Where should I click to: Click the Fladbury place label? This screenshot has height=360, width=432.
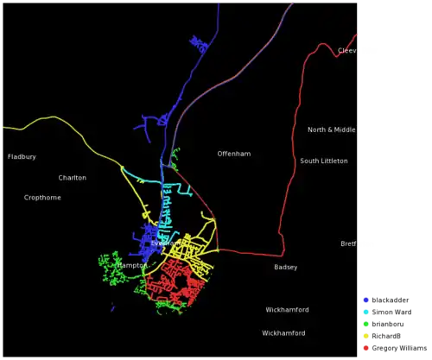tap(22, 157)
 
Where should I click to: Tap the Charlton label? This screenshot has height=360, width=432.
tap(73, 178)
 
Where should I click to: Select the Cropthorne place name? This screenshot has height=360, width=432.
tap(42, 198)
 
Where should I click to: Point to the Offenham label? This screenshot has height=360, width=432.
tap(234, 154)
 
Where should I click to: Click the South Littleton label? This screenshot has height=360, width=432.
tap(324, 161)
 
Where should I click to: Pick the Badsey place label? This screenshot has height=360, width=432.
tap(286, 268)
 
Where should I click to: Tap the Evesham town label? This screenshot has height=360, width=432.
tap(165, 243)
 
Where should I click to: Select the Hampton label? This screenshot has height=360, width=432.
tap(131, 266)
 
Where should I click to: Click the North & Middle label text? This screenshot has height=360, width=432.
tap(333, 130)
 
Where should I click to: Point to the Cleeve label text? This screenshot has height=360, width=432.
tap(348, 51)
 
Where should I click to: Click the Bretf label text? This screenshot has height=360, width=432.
tap(349, 244)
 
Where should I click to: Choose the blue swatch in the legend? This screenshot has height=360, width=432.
tap(366, 300)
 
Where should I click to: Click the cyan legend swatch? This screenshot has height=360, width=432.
tap(366, 313)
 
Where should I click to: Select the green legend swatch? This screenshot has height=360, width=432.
tap(366, 325)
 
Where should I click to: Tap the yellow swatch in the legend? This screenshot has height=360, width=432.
tap(366, 336)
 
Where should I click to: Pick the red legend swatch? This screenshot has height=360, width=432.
tap(366, 348)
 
